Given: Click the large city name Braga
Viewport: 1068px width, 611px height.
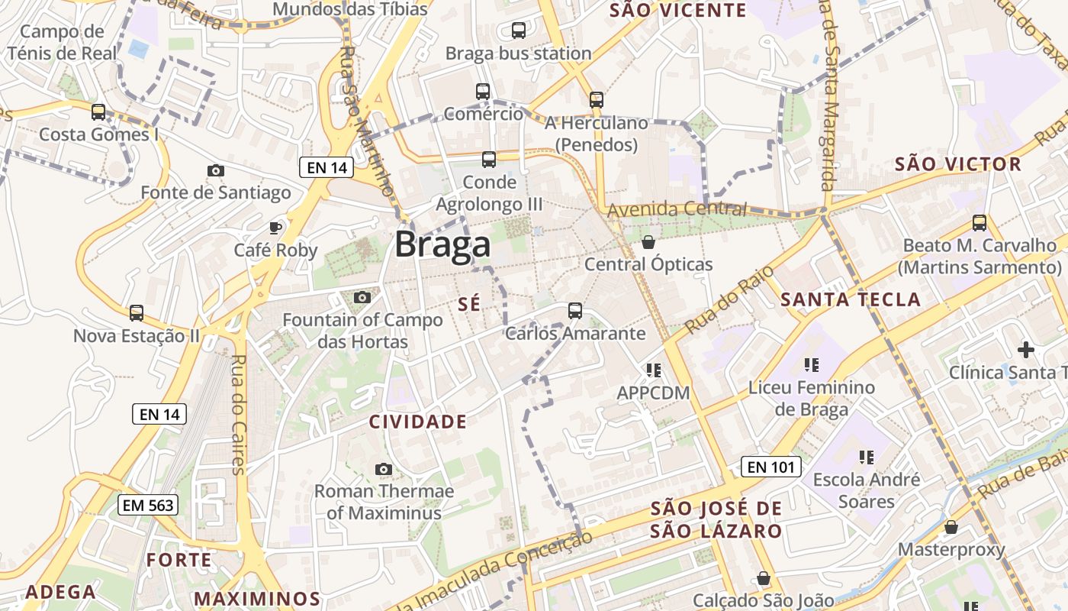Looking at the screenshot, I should point(442,245).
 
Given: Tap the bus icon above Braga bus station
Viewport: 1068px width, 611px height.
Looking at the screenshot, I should point(519,31).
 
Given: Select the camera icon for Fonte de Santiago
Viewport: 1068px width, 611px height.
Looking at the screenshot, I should point(216,170).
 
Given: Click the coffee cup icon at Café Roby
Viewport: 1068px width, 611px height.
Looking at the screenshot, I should point(275,228).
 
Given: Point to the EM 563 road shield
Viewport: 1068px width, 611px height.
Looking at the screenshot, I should point(149,505).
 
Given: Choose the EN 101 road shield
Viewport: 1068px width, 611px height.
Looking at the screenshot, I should point(770,467).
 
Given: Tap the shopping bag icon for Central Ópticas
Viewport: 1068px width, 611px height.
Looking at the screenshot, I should point(648,242).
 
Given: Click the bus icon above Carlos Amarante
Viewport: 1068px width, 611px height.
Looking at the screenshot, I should point(575,311).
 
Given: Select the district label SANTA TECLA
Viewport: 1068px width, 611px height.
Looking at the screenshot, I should point(851,299).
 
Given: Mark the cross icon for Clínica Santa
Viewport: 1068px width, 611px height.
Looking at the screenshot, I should point(1026,350).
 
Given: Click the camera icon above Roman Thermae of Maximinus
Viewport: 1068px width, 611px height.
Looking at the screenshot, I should point(384,469).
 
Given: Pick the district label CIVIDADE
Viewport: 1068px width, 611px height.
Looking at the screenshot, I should point(417,422).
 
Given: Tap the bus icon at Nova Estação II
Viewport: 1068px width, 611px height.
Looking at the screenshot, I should point(137,313).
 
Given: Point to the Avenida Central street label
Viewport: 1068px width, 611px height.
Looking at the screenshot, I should point(677,209).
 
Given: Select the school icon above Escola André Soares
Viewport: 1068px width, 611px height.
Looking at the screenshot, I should point(866,457).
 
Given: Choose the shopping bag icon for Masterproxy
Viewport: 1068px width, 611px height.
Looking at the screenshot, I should point(951,527).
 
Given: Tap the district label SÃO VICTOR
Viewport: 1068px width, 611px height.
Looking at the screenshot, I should point(957,164).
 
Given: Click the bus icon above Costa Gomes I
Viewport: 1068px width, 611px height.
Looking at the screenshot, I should point(98,112).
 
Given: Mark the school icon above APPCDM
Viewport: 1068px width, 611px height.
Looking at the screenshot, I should point(653,370).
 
